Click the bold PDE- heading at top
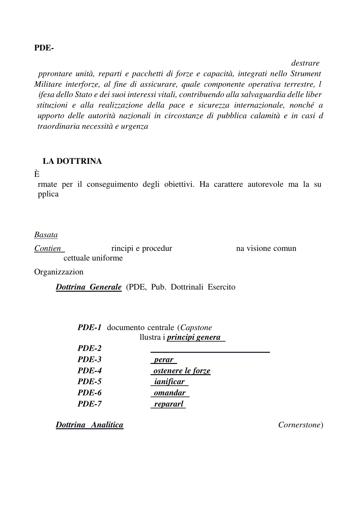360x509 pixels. click(44, 48)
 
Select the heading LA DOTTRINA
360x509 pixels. click(72, 161)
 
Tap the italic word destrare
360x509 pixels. click(305, 63)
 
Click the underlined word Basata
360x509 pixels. click(46, 235)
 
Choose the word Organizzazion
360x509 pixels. click(59, 272)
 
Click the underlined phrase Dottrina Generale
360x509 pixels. click(89, 287)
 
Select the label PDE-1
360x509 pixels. click(89, 327)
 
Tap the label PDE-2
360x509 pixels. click(89, 348)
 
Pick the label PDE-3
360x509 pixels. click(89, 359)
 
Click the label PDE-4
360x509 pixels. click(89, 371)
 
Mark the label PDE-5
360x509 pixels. click(89, 381)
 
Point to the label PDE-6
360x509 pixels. click(89, 393)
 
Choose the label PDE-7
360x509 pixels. click(89, 404)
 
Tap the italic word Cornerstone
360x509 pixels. click(299, 425)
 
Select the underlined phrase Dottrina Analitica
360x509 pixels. click(89, 425)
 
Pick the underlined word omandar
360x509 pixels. click(170, 393)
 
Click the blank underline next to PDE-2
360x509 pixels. click(210, 352)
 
